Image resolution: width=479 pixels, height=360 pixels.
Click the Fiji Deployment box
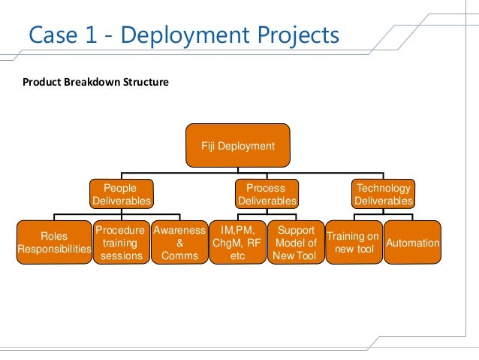(x=237, y=145)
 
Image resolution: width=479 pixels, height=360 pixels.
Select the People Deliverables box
(x=121, y=194)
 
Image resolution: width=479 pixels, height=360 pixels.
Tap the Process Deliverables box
(x=267, y=194)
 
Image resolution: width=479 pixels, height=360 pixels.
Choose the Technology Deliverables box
(x=383, y=194)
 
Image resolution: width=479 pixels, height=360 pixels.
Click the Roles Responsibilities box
(x=53, y=243)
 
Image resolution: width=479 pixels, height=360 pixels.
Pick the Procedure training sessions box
(x=119, y=243)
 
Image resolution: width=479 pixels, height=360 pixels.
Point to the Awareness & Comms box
(x=179, y=243)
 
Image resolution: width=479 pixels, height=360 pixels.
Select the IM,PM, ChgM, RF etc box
(x=236, y=243)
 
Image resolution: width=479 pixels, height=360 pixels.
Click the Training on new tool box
(x=352, y=243)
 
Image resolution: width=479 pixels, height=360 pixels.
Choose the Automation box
(x=412, y=243)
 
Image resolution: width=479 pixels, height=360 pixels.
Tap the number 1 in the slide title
(x=93, y=35)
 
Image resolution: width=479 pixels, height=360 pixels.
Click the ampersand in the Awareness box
(x=179, y=243)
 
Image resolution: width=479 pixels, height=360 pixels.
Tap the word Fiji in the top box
(x=211, y=145)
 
